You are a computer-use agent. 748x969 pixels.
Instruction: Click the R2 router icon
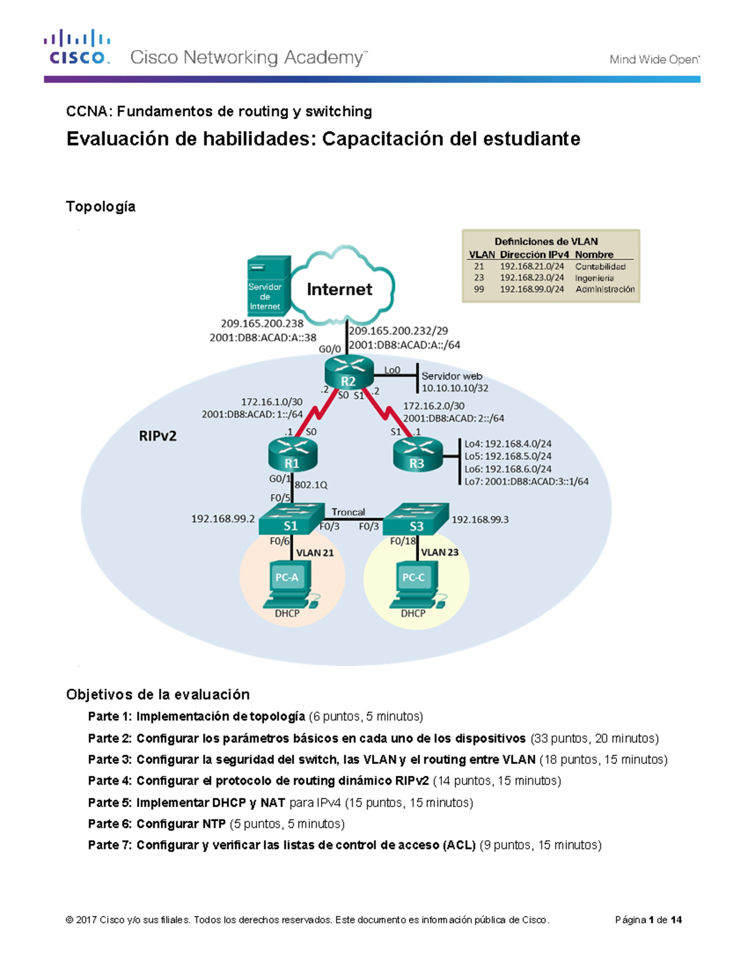(x=348, y=373)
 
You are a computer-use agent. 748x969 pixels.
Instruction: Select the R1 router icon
(x=292, y=455)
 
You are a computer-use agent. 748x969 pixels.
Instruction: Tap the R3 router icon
(x=417, y=455)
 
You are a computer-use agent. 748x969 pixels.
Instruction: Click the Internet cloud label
(x=339, y=290)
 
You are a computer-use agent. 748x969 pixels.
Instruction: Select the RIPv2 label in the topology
(x=158, y=436)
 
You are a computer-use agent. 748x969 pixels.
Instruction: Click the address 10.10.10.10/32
(x=454, y=388)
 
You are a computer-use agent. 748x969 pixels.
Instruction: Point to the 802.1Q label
(x=311, y=485)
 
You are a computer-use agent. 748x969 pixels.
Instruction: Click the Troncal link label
(x=348, y=512)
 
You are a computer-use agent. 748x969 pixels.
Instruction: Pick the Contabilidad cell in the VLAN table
(x=600, y=266)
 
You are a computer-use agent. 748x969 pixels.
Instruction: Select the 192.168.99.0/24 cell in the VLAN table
(x=532, y=289)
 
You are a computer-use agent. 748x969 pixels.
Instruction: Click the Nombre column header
(x=594, y=255)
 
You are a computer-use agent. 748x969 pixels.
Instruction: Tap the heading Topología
(x=101, y=207)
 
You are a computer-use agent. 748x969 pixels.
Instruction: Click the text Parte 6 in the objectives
(x=109, y=824)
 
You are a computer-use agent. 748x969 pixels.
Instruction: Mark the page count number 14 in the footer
(x=676, y=920)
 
